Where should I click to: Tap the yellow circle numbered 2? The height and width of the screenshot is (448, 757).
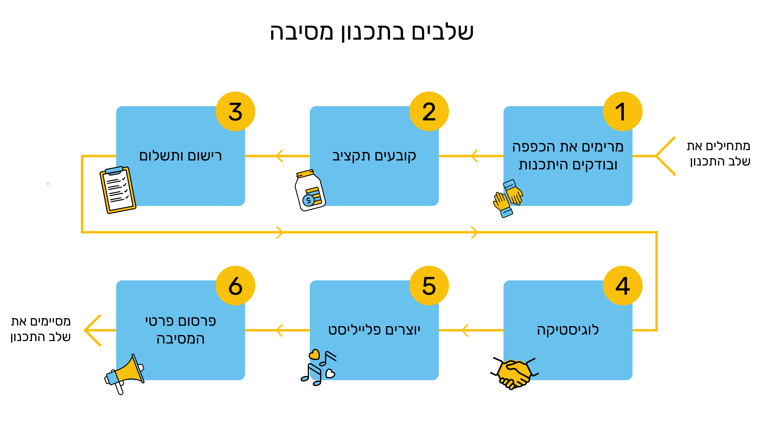[x=429, y=111]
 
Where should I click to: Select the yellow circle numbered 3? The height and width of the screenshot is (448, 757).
[x=235, y=111]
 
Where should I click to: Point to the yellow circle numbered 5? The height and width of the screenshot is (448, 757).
[x=429, y=286]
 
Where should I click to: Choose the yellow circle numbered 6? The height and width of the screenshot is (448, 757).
[x=235, y=286]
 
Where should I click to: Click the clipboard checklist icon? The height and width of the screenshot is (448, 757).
[x=118, y=190]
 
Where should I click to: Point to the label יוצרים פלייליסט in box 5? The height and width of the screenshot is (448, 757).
[x=374, y=330]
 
